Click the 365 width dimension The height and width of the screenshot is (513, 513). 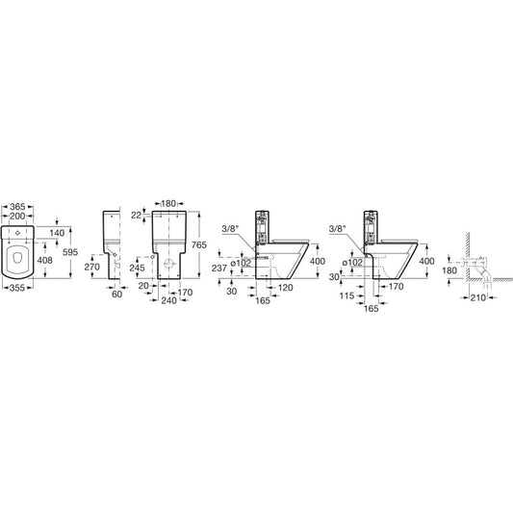(x=17, y=207)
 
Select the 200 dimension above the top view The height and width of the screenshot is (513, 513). (x=17, y=216)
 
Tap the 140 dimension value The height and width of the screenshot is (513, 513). (x=57, y=233)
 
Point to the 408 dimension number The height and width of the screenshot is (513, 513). (x=45, y=260)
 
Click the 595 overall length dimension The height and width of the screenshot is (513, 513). (x=70, y=252)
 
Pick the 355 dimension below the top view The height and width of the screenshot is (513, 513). (x=17, y=288)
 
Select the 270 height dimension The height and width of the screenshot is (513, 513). (x=92, y=267)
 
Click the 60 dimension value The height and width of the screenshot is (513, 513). (x=117, y=295)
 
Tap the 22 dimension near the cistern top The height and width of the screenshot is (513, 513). (x=136, y=216)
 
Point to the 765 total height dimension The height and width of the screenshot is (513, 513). (x=199, y=244)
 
